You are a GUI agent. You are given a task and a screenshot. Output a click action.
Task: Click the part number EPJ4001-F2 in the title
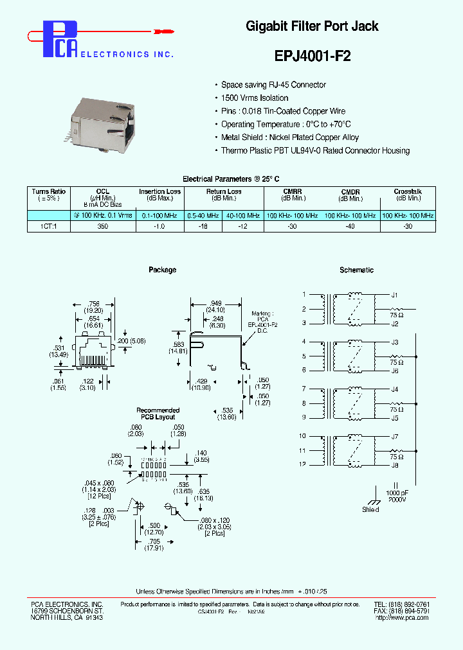point(313,55)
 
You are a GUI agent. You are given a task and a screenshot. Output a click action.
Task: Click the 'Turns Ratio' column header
point(49,191)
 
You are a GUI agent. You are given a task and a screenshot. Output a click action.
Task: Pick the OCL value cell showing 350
point(103,226)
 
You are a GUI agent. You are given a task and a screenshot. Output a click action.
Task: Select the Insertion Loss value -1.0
point(159,226)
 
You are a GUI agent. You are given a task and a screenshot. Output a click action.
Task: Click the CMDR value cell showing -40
point(350,226)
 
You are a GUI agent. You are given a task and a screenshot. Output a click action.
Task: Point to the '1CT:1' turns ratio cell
point(49,226)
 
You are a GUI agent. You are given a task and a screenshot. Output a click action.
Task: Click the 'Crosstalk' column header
point(408,191)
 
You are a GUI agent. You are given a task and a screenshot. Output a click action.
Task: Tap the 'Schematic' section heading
point(356,270)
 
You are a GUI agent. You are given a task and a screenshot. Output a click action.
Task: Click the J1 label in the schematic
point(395,295)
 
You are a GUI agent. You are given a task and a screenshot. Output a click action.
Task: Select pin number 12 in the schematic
point(302,464)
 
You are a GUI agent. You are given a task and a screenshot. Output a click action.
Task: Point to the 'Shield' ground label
point(370,509)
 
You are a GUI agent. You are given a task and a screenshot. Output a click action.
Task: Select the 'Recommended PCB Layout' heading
point(158,414)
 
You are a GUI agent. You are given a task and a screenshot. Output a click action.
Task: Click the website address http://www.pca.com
point(401,617)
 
